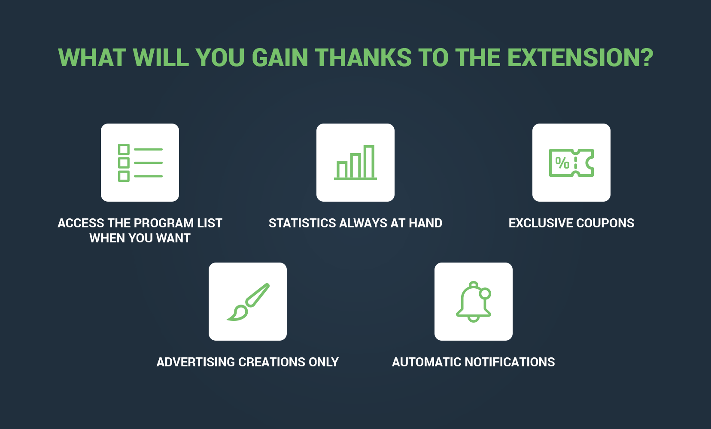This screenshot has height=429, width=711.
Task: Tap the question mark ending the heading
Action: pyautogui.click(x=646, y=58)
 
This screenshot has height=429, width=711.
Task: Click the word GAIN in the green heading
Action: pyautogui.click(x=280, y=58)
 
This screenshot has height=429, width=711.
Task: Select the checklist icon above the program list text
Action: pyautogui.click(x=140, y=163)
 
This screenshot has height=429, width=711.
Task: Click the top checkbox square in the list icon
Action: pyautogui.click(x=124, y=149)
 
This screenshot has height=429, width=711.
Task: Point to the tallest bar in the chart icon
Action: pyautogui.click(x=369, y=162)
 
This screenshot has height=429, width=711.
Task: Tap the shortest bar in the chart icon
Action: pyautogui.click(x=342, y=170)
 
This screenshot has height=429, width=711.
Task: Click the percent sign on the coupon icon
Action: pyautogui.click(x=562, y=163)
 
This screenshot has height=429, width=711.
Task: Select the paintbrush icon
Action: pyautogui.click(x=248, y=302)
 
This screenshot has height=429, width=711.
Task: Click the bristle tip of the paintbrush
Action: pyautogui.click(x=228, y=319)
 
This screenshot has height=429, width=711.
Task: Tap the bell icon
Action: pyautogui.click(x=474, y=302)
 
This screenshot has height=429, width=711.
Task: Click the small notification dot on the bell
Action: pyautogui.click(x=485, y=293)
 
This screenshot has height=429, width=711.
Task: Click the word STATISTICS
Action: pyautogui.click(x=303, y=223)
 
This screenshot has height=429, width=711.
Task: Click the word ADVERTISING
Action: pyautogui.click(x=195, y=362)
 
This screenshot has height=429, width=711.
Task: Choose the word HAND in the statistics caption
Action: pyautogui.click(x=425, y=223)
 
